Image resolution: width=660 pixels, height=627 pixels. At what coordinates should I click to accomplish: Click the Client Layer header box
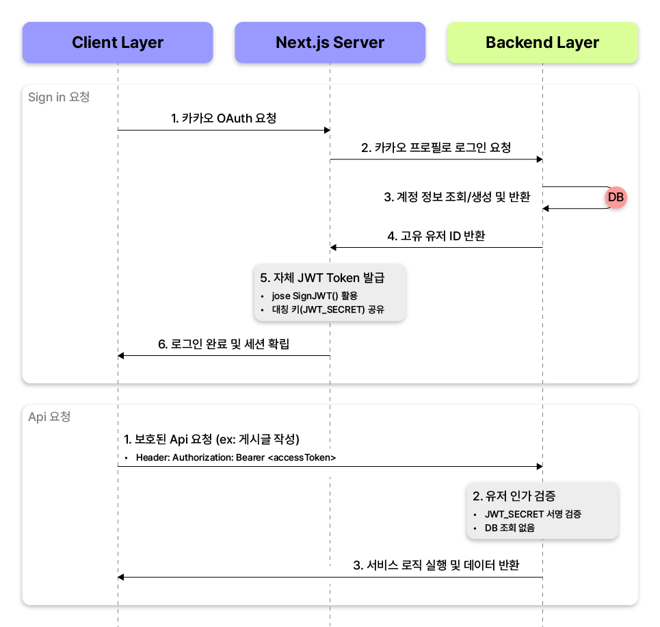[118, 42]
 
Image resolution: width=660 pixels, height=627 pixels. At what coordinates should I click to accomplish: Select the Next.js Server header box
[330, 42]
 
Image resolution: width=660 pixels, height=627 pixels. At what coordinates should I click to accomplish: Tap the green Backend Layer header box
[542, 42]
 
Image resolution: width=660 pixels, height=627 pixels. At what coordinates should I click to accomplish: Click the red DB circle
[616, 197]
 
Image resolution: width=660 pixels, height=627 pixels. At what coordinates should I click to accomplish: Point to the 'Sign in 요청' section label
[59, 97]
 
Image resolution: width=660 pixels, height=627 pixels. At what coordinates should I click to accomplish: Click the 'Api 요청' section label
[49, 417]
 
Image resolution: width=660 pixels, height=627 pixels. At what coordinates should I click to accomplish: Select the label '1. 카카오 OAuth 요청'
[224, 118]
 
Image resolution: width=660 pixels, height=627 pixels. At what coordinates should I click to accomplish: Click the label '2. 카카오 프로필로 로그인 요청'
[436, 147]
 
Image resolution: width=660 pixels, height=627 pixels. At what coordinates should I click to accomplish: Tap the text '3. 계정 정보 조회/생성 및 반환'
[457, 196]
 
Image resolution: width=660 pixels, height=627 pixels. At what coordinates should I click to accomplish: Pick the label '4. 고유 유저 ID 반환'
[436, 235]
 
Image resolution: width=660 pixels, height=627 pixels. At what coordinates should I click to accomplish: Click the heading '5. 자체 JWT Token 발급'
[322, 278]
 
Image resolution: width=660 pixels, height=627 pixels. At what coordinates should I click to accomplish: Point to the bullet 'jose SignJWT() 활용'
[315, 296]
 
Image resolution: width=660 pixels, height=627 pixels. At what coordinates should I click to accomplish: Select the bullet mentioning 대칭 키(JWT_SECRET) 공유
[328, 309]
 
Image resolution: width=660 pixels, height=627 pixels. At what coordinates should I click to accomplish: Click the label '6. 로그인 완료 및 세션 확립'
[224, 344]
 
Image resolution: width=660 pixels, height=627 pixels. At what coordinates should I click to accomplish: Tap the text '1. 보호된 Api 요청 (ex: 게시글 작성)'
[212, 439]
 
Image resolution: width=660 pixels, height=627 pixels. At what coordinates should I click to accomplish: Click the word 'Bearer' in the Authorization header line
[250, 458]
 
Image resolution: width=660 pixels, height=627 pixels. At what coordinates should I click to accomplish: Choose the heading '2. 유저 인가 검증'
[514, 496]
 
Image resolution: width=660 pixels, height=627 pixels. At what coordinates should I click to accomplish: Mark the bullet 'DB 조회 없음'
[510, 528]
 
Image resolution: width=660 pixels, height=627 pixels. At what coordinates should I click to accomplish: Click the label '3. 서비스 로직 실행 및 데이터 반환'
[436, 565]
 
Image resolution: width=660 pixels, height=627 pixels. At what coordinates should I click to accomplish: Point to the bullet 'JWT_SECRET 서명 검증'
[533, 514]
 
